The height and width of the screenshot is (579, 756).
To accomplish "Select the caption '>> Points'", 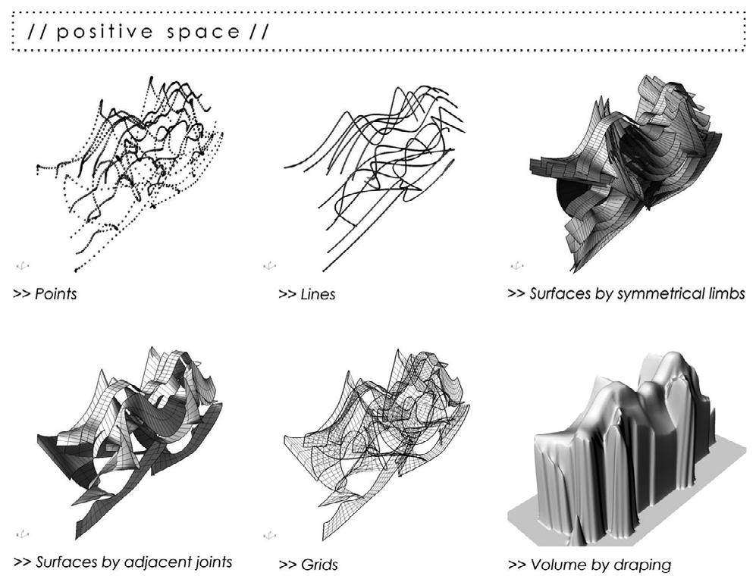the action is click(x=45, y=294).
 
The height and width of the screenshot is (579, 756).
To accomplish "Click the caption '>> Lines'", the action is click(x=306, y=294).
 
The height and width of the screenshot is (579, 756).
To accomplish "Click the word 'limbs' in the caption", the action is click(x=724, y=293).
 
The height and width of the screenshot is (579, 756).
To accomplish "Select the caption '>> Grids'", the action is click(x=308, y=565).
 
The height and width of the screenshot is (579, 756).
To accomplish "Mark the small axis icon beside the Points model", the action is click(x=23, y=265).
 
